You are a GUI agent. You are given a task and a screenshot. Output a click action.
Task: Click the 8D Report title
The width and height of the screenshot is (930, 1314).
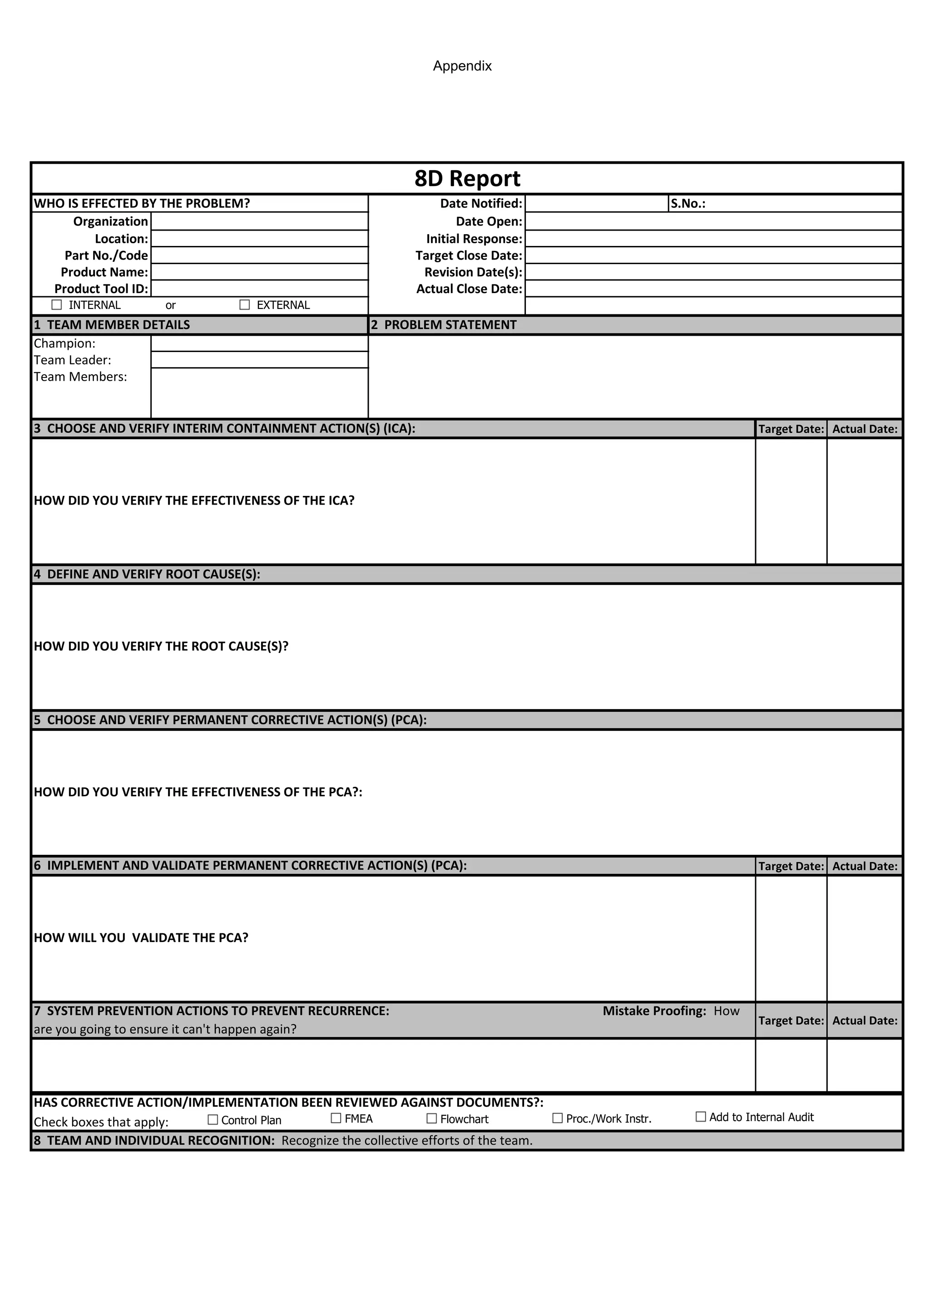[x=467, y=179]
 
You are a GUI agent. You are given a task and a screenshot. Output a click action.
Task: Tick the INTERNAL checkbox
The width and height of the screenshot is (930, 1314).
[x=57, y=304]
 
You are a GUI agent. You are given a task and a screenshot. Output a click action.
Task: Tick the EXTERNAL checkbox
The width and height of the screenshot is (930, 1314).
[x=244, y=304]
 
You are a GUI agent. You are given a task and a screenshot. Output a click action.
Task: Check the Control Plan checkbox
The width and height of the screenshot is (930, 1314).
[x=213, y=1119]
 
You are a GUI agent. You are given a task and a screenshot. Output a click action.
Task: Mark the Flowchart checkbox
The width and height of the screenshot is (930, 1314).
[x=432, y=1118]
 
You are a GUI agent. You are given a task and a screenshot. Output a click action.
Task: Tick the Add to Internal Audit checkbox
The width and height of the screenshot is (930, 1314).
[x=700, y=1117]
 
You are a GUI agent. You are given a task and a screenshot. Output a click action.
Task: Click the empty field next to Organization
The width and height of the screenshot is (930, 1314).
[x=259, y=221]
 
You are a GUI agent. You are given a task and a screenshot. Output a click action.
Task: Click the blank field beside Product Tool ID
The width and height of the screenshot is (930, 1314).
[x=259, y=289]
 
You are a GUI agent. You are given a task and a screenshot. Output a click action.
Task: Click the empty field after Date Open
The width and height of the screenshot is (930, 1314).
[x=713, y=221]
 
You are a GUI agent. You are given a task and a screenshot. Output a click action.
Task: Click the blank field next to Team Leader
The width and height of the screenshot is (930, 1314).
[x=259, y=360]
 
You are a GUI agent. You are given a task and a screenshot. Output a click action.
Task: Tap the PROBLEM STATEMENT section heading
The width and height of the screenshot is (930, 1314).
[x=450, y=325]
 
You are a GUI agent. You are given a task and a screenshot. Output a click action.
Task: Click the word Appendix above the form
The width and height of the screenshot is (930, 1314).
[x=462, y=66]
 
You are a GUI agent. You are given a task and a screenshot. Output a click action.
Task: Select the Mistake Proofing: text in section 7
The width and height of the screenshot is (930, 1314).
[x=654, y=1010]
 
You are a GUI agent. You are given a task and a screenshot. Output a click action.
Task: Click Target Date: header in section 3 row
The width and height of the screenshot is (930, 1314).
[x=791, y=429]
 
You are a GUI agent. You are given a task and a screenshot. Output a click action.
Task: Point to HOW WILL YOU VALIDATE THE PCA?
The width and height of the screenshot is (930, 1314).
[x=141, y=937]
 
